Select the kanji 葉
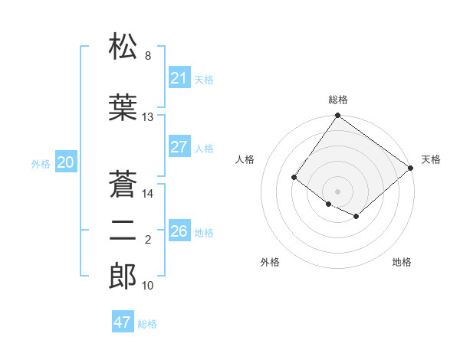123,107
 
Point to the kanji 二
123,231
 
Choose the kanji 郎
123,276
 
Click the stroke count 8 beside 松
148,56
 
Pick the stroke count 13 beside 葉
148,117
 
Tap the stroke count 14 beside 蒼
148,194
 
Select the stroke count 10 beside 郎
148,286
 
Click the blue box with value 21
179,78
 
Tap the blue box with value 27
179,147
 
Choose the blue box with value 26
179,231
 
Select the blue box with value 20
65,162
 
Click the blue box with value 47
123,322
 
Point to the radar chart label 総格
337,100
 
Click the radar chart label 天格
431,159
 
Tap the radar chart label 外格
270,262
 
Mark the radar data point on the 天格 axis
411,168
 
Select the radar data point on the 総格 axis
337,116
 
